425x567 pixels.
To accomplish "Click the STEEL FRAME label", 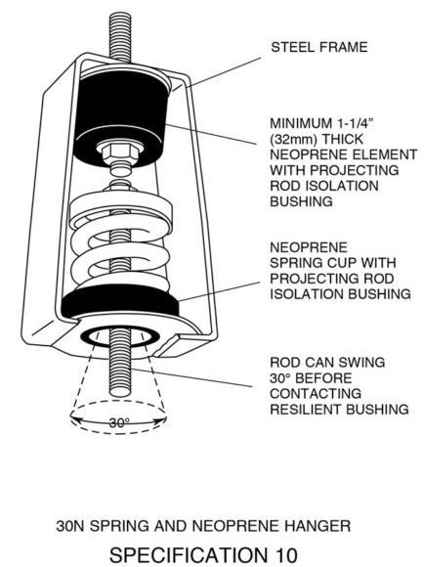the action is point(319,47).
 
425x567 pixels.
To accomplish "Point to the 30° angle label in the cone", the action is point(119,422).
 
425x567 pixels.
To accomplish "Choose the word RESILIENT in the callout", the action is point(306,410).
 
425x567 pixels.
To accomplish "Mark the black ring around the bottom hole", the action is point(120,337).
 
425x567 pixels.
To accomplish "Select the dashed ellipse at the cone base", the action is point(118,415).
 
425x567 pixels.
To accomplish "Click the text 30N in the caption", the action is point(69,526).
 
